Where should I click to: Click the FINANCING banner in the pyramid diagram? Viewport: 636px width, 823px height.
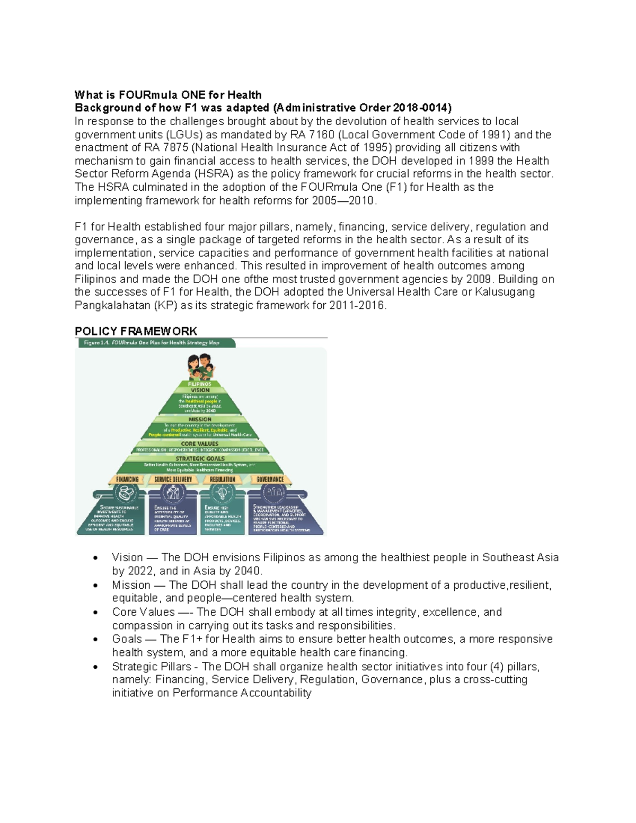[x=127, y=479]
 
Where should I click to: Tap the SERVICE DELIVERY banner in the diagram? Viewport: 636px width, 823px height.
[x=173, y=479]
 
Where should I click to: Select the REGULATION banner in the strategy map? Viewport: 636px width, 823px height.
[x=223, y=479]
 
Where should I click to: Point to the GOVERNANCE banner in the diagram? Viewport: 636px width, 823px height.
[x=270, y=479]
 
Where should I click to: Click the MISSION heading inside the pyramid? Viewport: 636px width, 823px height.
[x=200, y=419]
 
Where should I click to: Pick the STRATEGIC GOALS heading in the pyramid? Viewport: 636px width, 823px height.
[x=200, y=458]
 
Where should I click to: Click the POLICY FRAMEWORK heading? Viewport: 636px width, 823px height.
[x=136, y=331]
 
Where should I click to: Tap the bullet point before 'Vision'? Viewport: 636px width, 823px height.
[x=94, y=558]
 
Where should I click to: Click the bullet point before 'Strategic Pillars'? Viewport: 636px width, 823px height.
[x=94, y=667]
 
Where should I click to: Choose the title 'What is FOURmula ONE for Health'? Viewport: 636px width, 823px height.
[x=168, y=95]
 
